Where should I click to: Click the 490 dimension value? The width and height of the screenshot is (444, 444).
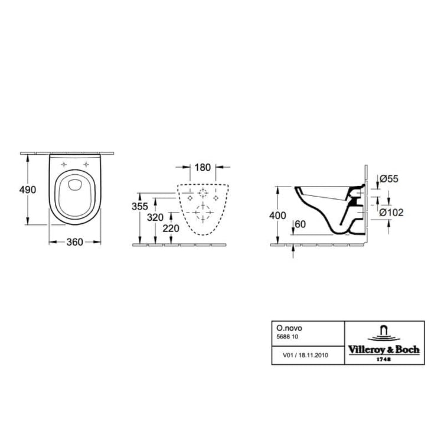28,190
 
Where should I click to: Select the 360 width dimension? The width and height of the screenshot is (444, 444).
75,242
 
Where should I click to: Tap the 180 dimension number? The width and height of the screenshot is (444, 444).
203,167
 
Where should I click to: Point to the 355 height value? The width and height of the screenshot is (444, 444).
140,207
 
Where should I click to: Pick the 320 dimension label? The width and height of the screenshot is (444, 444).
155,217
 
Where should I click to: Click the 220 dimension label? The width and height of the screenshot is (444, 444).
171,228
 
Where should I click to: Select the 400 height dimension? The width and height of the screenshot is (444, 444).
277,216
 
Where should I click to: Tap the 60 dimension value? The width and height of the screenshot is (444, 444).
301,224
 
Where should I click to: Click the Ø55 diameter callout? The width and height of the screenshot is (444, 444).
389,179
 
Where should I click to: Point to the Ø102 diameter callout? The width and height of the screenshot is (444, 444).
391,213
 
